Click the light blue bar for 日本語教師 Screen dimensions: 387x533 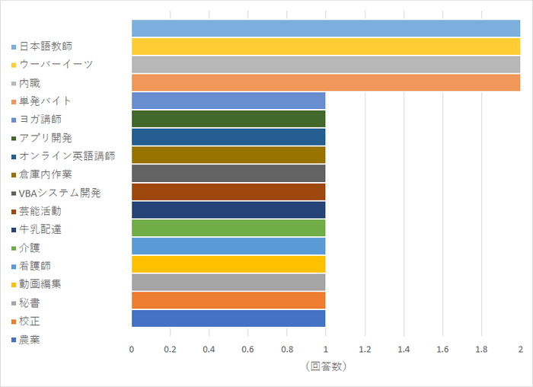tap(326, 28)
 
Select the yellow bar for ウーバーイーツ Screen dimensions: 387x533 tap(326, 46)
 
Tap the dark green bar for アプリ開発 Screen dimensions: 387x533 tap(228, 119)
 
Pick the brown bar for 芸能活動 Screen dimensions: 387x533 tap(228, 191)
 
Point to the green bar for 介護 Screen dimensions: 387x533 tap(228, 228)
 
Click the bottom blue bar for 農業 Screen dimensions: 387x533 tap(228, 318)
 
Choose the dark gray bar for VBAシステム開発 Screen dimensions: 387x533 tap(228, 173)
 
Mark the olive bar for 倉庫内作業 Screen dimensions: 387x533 tap(228, 155)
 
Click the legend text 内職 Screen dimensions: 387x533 tap(30, 82)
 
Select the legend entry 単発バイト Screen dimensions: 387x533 tap(45, 101)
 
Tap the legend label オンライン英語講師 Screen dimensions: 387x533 tap(67, 155)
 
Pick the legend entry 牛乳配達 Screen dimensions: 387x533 tap(40, 229)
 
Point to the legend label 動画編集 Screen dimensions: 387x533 tap(40, 283)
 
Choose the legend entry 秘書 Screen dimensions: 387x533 tap(30, 302)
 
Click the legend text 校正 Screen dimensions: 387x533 tap(30, 320)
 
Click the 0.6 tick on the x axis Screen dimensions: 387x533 tap(248, 349)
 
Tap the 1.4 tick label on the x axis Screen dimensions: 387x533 tap(404, 349)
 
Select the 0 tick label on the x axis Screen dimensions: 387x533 tap(132, 349)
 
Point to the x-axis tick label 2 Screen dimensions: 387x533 tap(520, 349)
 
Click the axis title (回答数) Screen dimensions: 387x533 tap(326, 366)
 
